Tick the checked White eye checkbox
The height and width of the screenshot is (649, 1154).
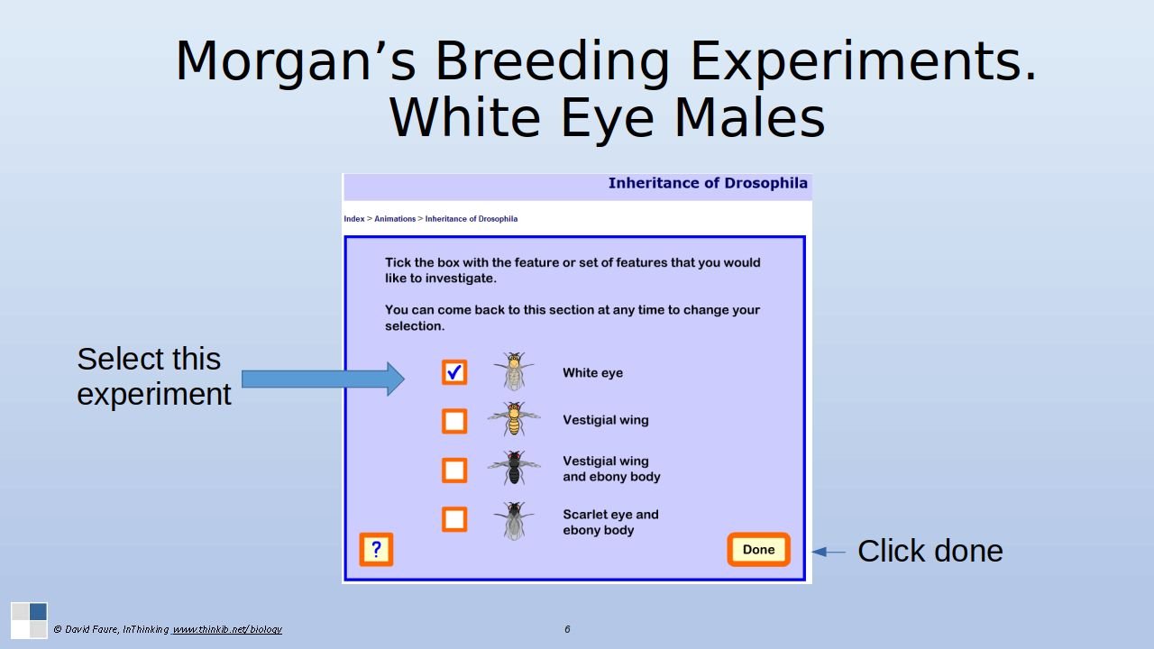[x=454, y=372]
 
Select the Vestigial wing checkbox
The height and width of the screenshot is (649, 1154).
[x=454, y=421]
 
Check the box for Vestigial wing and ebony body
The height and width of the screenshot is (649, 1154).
[x=454, y=470]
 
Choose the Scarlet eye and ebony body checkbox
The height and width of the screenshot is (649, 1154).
[x=454, y=518]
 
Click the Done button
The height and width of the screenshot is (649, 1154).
[x=758, y=550]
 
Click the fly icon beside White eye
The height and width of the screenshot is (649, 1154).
[x=514, y=370]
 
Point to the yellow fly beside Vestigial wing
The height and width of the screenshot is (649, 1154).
[x=514, y=419]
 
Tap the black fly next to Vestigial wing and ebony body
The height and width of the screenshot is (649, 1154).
[x=514, y=468]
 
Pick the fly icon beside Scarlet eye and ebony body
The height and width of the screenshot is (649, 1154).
[x=514, y=520]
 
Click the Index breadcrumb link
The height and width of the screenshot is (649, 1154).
[x=354, y=219]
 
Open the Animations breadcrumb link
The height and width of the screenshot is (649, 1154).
[x=395, y=219]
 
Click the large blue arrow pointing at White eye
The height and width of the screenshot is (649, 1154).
[x=323, y=379]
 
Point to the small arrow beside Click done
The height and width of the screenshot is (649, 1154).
[x=829, y=552]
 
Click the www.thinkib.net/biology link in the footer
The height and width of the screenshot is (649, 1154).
[x=226, y=629]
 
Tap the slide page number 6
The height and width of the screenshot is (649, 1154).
[x=567, y=629]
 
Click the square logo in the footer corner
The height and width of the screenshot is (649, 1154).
[x=30, y=620]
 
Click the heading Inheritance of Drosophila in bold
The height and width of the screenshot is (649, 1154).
[x=708, y=183]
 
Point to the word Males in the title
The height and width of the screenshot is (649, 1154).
[x=749, y=118]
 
